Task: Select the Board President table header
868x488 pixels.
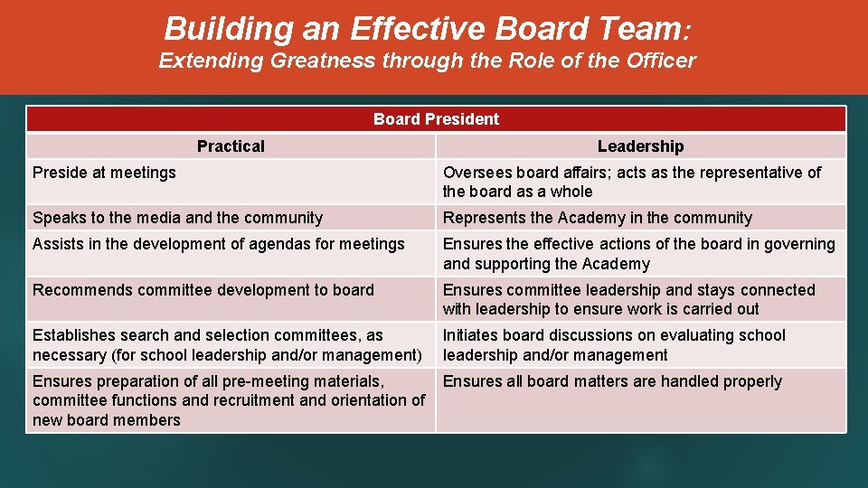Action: (x=436, y=119)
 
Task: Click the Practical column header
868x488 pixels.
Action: (x=231, y=146)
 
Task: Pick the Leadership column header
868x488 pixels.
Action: (x=640, y=146)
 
